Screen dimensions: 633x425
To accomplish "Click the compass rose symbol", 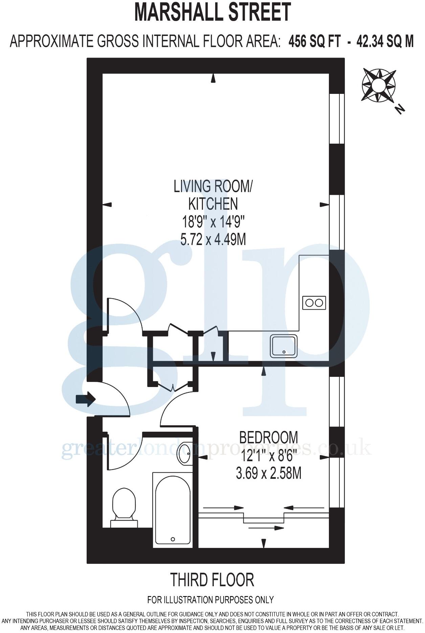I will click(x=379, y=85).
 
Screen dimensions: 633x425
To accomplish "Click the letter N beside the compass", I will click(x=400, y=109).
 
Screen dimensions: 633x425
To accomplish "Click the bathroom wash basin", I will click(x=184, y=454).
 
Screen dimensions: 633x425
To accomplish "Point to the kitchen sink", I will click(x=284, y=346).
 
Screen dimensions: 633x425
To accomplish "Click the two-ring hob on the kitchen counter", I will click(x=314, y=302).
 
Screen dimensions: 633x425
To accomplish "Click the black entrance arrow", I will click(x=85, y=399).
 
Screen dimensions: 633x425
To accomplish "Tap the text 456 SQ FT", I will click(x=313, y=41).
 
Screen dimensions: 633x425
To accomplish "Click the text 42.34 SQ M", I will click(x=385, y=41).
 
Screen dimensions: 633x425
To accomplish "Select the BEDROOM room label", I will click(x=269, y=437).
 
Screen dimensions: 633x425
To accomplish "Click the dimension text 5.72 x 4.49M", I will click(x=213, y=240).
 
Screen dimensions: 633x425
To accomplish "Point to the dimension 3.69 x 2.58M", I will click(x=269, y=473).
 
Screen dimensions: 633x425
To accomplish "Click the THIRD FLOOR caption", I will click(x=212, y=580).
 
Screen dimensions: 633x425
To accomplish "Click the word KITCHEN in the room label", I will click(x=213, y=204).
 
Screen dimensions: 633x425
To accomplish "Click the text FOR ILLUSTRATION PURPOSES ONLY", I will click(x=210, y=600).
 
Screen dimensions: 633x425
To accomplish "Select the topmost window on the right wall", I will click(x=337, y=118).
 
